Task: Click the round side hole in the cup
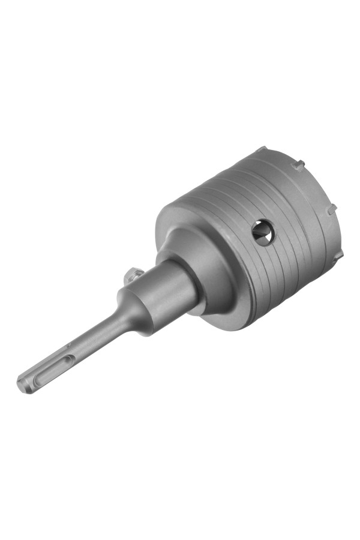coord(263,232)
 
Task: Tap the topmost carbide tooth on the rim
coord(260,149)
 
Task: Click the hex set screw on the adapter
coord(131,276)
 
